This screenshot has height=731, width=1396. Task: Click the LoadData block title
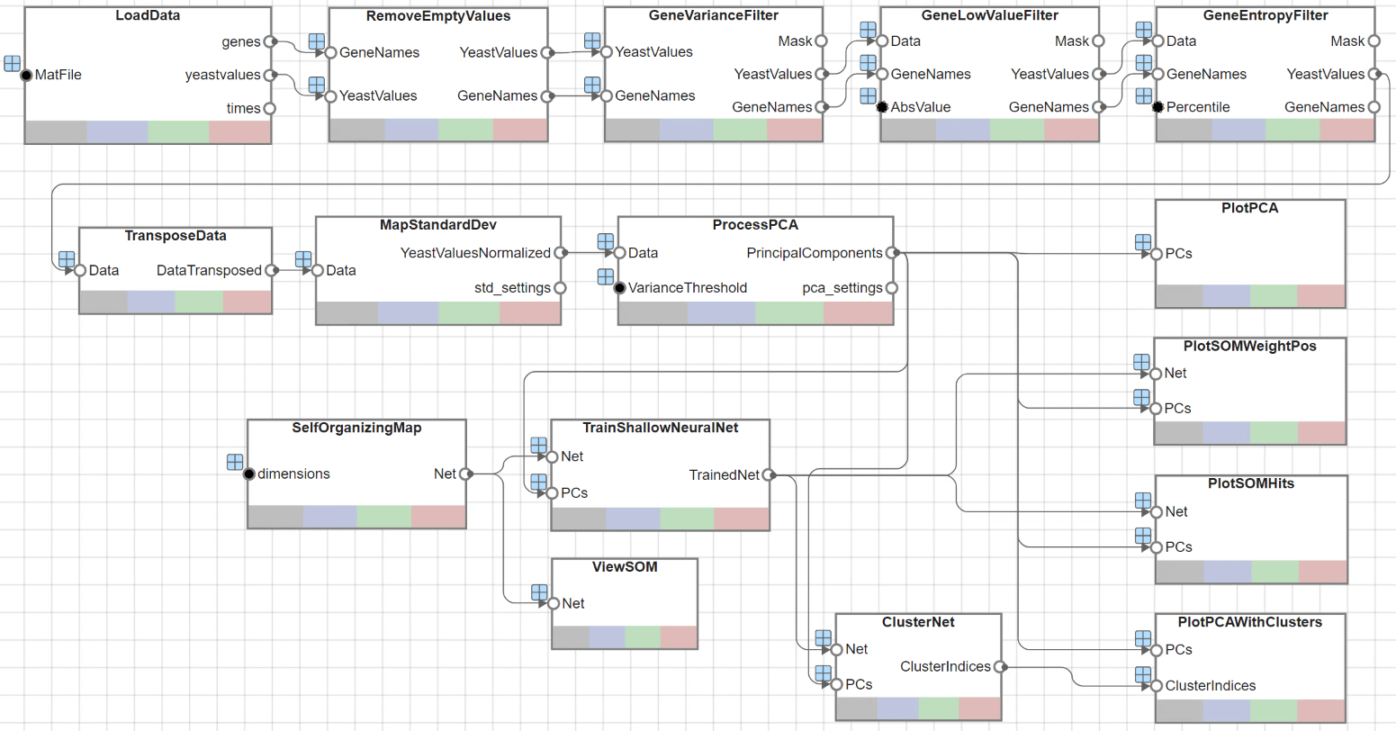pos(148,15)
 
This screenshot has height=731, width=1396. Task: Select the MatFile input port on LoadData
pos(26,75)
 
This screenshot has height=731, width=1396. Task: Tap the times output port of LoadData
pos(270,108)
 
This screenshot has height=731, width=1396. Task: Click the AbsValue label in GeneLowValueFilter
pos(920,107)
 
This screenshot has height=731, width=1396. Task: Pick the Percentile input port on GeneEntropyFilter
pos(1157,107)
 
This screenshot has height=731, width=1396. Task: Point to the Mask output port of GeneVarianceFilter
pos(821,41)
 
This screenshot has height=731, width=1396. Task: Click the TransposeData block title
pos(176,236)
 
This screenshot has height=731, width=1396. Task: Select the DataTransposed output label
pos(209,270)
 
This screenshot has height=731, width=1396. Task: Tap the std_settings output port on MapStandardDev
pos(560,288)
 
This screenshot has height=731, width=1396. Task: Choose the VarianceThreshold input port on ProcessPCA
pos(619,288)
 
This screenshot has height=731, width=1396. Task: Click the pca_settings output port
pos(891,288)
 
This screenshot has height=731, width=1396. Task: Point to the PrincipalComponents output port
pos(891,253)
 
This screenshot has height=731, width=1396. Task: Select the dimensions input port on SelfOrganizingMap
pos(249,474)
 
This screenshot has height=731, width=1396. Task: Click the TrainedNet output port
pos(768,474)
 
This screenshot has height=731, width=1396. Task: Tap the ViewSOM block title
pos(625,567)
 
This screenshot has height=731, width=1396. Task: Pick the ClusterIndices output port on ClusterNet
pos(1000,666)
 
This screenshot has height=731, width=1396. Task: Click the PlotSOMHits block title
pos(1250,483)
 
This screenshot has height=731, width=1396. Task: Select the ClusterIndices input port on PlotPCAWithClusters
pos(1157,686)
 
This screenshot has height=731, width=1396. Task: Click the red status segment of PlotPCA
pos(1321,295)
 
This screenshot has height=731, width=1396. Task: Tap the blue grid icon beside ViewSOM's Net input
pos(539,591)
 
